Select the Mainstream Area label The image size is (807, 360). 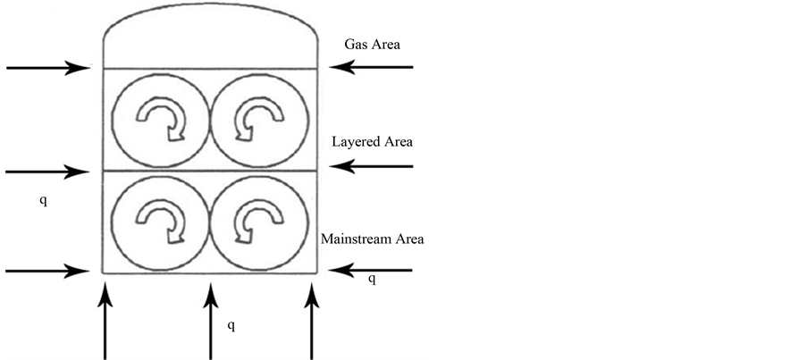click(373, 239)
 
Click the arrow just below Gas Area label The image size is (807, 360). click(371, 67)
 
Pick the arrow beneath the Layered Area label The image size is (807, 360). click(371, 165)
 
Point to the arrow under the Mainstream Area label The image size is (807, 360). click(371, 270)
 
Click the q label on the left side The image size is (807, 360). click(43, 199)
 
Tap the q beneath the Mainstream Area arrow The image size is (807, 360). click(372, 280)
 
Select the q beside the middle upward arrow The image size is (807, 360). click(231, 325)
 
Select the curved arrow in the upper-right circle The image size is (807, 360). click(260, 118)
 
